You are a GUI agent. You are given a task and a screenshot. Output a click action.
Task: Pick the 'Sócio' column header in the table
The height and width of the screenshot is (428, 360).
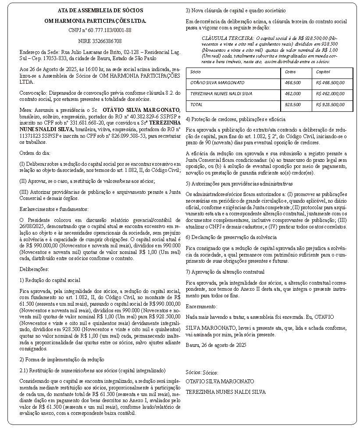pyautogui.click(x=196, y=71)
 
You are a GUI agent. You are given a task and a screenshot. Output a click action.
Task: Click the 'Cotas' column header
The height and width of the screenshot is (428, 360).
pyautogui.click(x=290, y=71)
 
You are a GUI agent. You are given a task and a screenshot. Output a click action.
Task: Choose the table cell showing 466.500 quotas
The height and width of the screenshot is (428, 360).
pyautogui.click(x=292, y=82)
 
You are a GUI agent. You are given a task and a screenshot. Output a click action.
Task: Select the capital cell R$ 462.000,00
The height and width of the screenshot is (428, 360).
pyautogui.click(x=330, y=93)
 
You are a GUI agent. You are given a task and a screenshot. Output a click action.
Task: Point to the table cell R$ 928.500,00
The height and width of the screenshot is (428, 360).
pyautogui.click(x=330, y=104)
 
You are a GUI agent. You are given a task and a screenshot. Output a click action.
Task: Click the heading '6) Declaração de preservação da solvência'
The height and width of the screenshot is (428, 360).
pyautogui.click(x=231, y=237)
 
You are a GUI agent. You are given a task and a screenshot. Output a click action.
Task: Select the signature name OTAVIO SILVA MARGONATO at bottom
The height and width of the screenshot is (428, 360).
pyautogui.click(x=220, y=381)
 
